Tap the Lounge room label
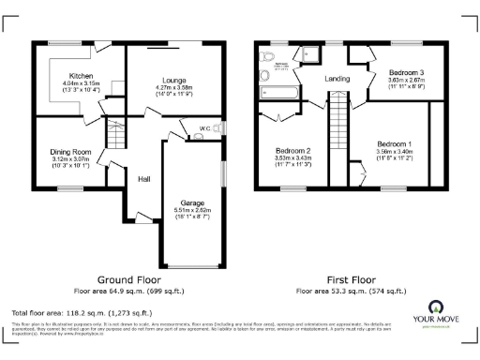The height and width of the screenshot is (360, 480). point(172,81)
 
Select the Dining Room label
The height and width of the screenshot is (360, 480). point(70,151)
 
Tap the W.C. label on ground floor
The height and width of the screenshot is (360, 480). point(203,127)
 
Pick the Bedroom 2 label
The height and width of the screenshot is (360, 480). point(292,151)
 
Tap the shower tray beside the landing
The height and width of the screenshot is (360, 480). point(307,57)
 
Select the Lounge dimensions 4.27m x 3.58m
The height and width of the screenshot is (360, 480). point(172,88)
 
